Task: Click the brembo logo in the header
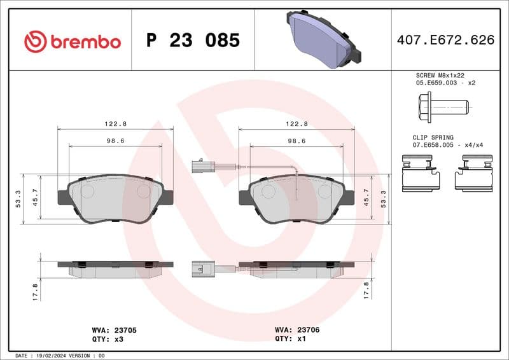72,41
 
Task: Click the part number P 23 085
193,41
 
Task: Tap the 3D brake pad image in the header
323,38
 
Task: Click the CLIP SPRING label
433,137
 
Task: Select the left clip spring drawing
422,175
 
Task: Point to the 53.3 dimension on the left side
18,199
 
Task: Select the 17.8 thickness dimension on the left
36,291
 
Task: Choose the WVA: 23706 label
297,331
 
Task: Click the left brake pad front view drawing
115,198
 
